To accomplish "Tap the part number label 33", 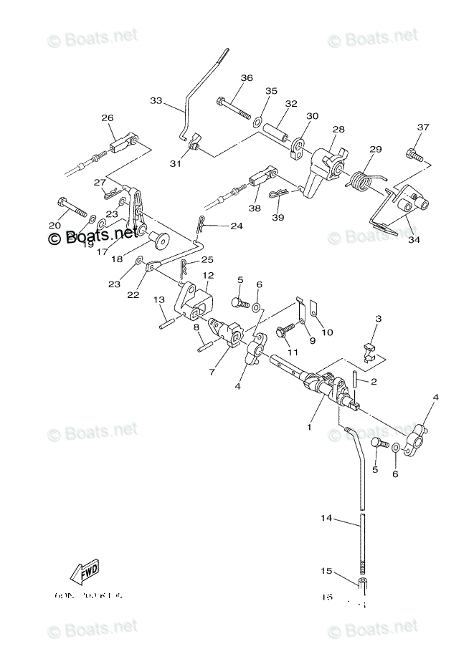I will tap(156, 101).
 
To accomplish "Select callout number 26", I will tap(108, 118).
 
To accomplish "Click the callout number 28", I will tap(338, 130).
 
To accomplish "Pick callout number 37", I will tap(423, 128).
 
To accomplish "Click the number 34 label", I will tap(414, 240).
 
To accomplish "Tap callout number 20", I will tap(54, 226).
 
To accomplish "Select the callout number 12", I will tap(207, 275).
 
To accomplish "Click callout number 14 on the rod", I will tap(326, 517).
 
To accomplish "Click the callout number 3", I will tap(379, 319).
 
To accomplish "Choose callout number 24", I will tap(236, 226).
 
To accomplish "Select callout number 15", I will tap(326, 572).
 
